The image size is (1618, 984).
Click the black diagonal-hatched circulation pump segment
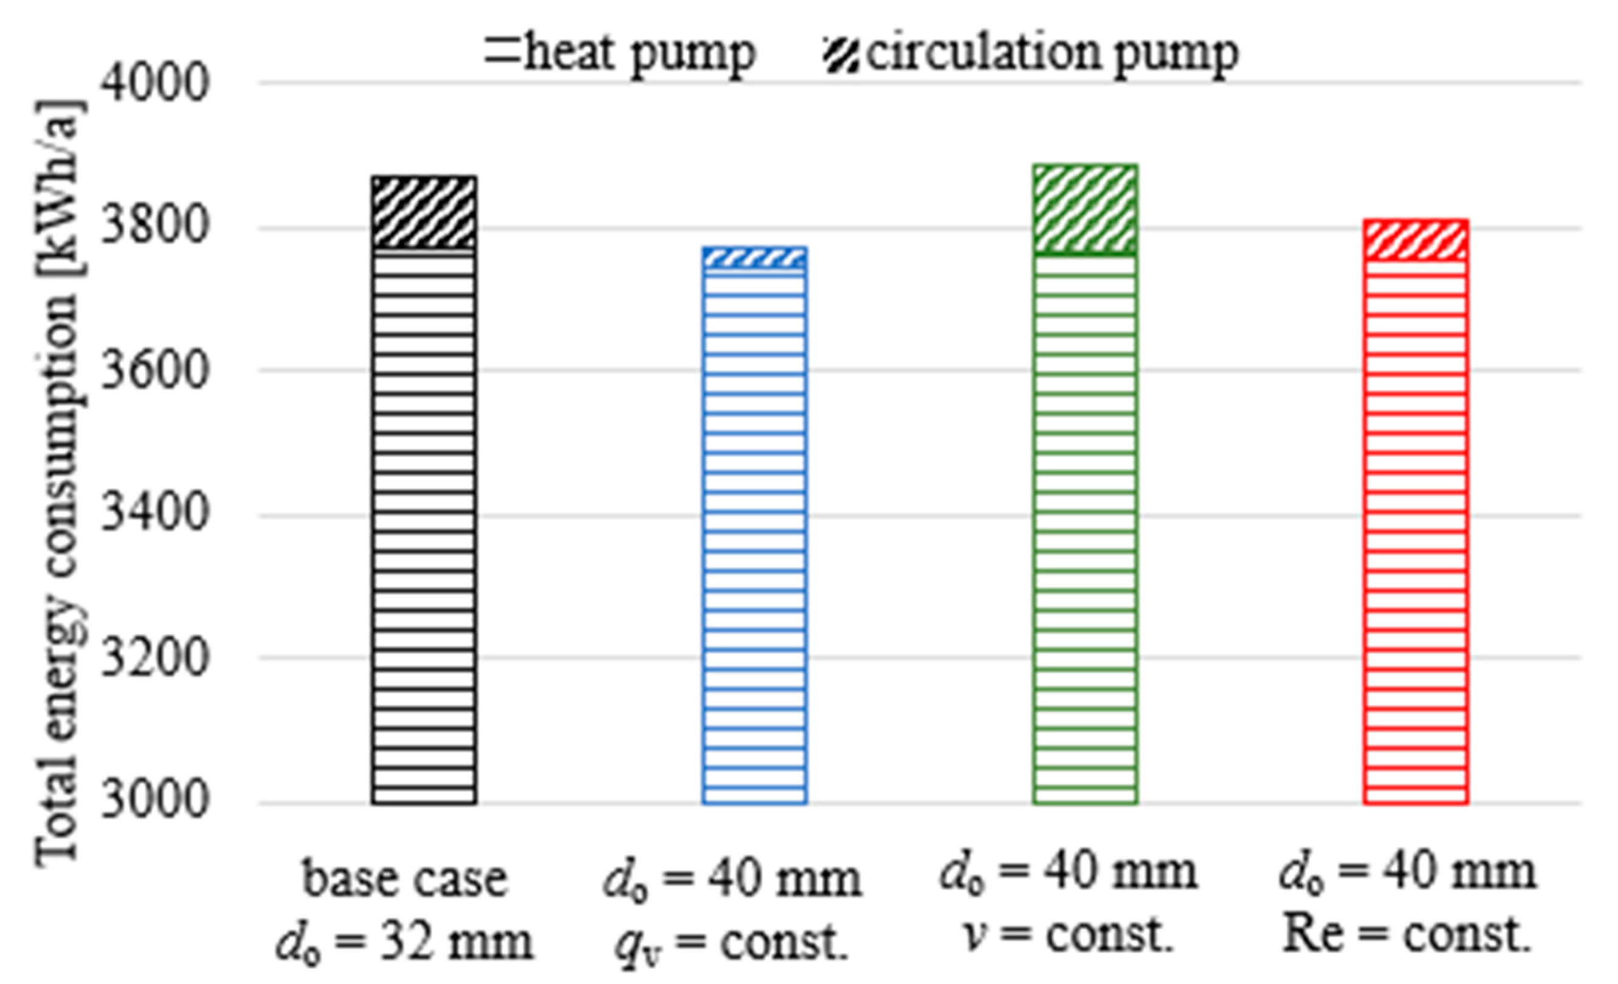tap(424, 212)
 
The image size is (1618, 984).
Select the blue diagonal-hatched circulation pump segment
tap(754, 258)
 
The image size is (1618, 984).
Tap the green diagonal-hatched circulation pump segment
tap(1085, 208)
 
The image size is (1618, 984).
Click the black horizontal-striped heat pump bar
tap(424, 525)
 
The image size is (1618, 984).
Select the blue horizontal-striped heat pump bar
tap(754, 535)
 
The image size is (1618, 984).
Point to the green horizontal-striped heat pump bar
tap(1085, 528)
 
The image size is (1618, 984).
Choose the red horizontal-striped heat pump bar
tap(1416, 532)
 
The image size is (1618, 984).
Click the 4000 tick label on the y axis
tap(155, 84)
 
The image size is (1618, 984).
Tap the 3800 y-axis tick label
tap(155, 227)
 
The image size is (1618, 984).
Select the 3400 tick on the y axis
tap(155, 514)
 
